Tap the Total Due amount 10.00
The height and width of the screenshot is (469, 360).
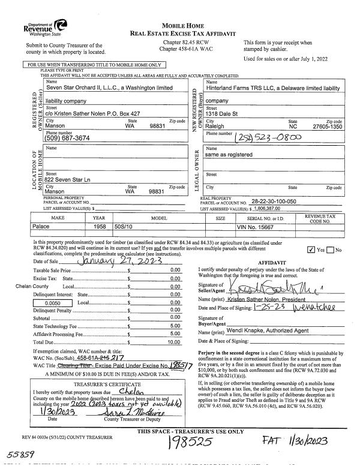[175, 342]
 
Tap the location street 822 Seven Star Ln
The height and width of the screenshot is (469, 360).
[68, 181]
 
